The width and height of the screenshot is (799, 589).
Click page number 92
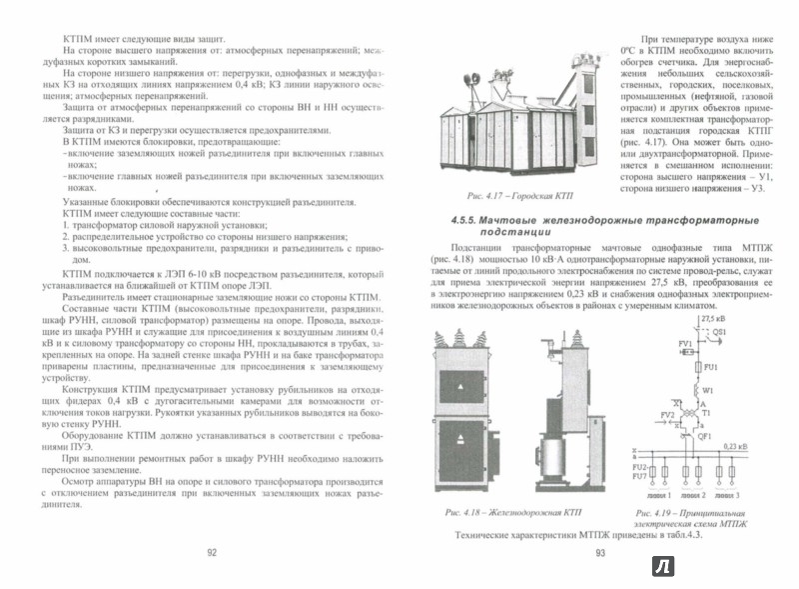click(x=211, y=551)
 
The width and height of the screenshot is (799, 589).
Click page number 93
click(x=600, y=551)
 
